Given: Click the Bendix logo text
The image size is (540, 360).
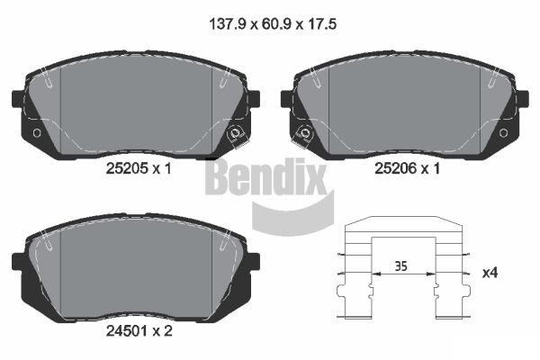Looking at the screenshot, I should tap(266, 177).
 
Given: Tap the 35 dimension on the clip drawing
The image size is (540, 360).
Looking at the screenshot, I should tap(401, 266).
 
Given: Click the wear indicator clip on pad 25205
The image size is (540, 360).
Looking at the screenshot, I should tap(236, 135).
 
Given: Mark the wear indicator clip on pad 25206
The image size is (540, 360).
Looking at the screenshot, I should tap(304, 135).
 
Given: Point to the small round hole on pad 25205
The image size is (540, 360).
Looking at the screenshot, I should tap(36, 133).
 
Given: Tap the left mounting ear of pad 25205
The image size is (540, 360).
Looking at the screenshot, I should tap(15, 98).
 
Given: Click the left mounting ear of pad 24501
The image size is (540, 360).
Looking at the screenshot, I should tap(18, 261).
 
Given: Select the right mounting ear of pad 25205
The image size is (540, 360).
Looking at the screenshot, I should tap(253, 98).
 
